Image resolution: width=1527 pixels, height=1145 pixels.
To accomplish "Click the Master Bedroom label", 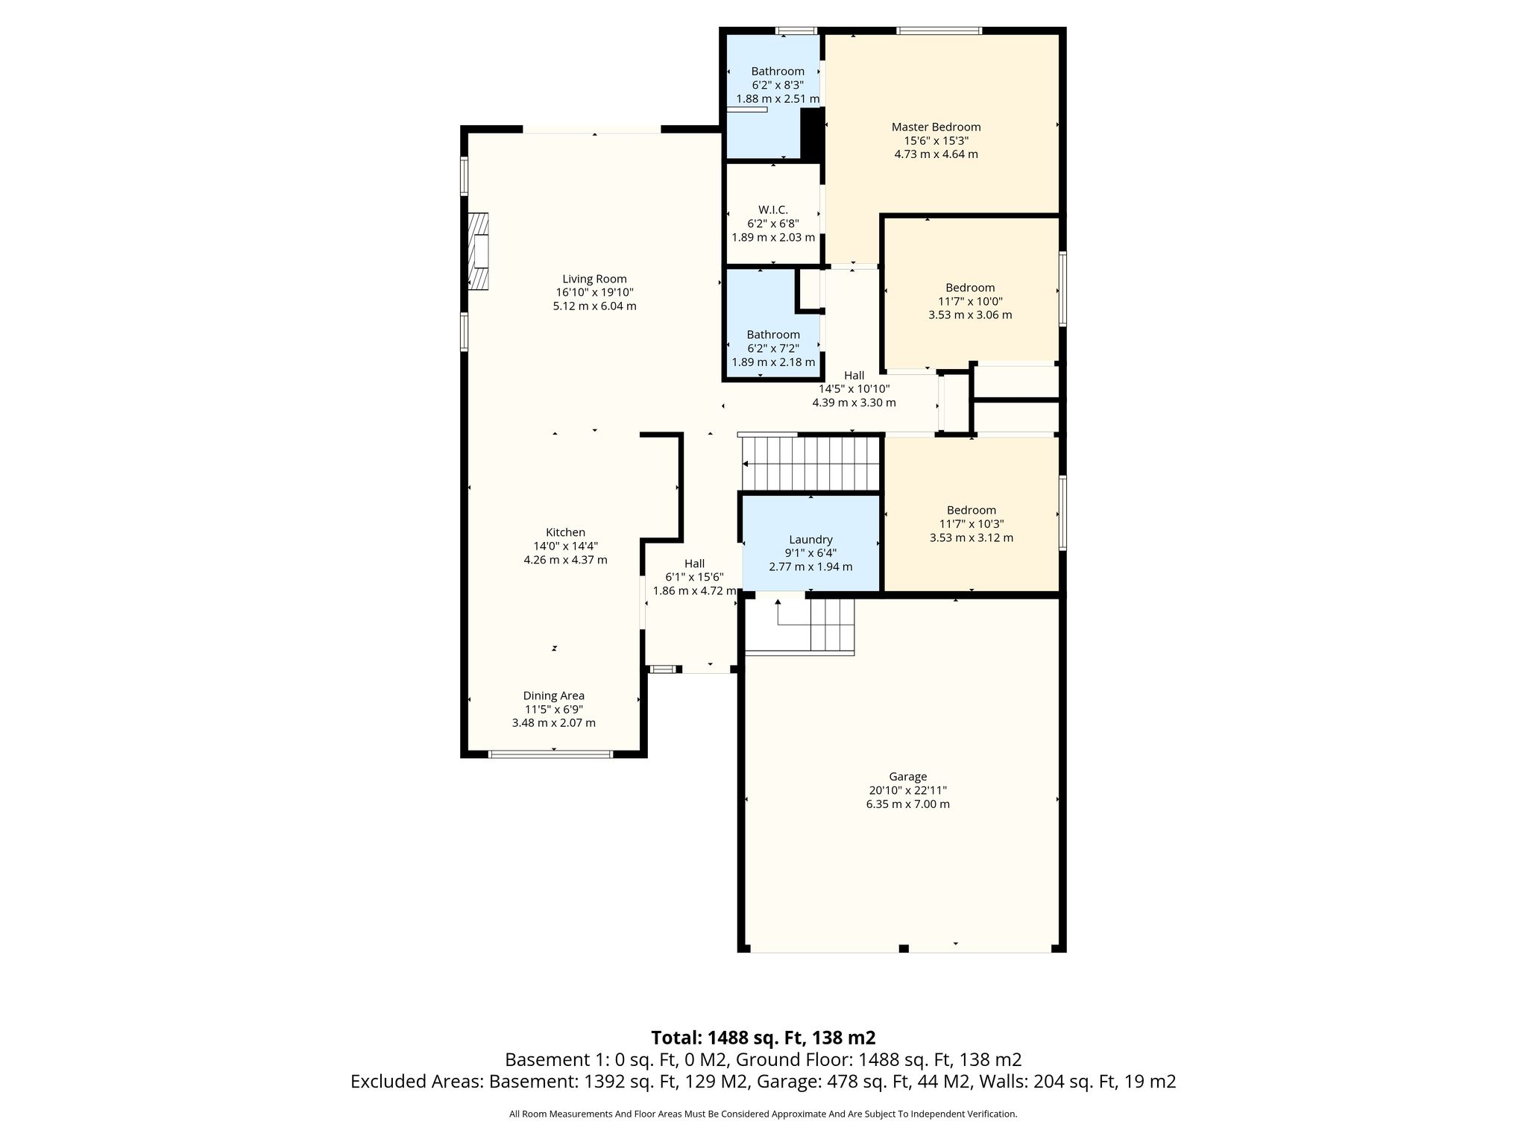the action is click(936, 127).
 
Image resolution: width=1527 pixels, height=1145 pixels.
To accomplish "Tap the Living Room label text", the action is click(594, 279).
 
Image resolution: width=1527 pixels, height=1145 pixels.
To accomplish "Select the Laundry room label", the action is click(810, 540).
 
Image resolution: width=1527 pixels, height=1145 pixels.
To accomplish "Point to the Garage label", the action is click(907, 777).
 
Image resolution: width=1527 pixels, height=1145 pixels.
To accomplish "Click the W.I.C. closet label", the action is click(773, 209).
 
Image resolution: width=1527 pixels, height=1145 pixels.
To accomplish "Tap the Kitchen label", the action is click(565, 532).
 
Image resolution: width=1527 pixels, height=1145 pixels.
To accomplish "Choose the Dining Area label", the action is click(553, 695).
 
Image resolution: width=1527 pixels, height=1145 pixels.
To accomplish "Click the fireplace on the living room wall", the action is click(478, 251).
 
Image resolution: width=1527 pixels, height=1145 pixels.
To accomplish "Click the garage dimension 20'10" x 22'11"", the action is click(907, 790).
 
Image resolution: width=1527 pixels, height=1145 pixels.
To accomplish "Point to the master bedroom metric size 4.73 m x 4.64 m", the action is click(936, 154).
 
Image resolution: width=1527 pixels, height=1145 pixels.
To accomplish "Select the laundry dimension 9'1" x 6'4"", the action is click(810, 553).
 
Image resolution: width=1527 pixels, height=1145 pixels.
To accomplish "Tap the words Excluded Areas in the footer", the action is click(416, 1082).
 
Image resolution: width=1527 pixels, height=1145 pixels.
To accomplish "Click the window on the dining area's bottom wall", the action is click(550, 754).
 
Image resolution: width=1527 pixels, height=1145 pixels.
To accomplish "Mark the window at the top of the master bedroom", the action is click(939, 31).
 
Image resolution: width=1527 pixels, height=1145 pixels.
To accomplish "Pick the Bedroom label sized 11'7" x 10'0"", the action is click(970, 288).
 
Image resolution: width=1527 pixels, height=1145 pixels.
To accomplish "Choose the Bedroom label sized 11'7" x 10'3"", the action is click(972, 510).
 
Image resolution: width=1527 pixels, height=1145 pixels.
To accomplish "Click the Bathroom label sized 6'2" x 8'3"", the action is click(778, 72).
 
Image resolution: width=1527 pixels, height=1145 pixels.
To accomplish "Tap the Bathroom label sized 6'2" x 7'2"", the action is click(773, 335).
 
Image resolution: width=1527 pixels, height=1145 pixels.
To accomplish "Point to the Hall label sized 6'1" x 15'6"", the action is click(694, 564).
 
